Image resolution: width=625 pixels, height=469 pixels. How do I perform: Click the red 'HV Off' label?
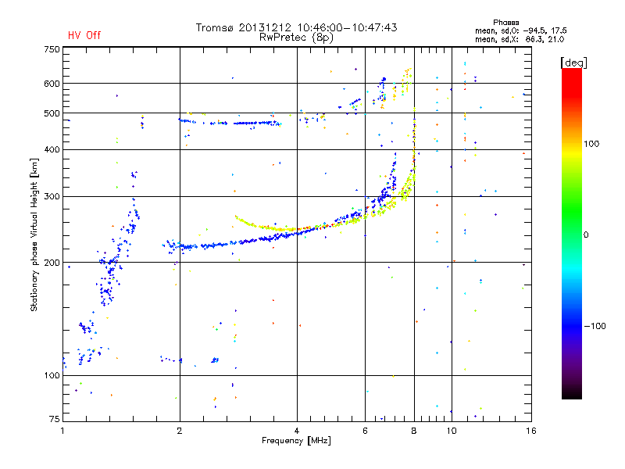pos(84,35)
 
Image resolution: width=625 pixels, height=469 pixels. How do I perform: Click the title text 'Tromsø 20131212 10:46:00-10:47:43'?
pos(296,27)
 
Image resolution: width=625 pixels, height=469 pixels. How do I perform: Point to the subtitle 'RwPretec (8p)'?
pos(296,38)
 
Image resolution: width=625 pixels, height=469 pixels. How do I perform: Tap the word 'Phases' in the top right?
pos(505,23)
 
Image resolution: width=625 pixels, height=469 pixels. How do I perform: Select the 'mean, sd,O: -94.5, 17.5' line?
pos(520,30)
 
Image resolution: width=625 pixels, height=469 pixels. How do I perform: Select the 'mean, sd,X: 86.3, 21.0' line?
pos(520,39)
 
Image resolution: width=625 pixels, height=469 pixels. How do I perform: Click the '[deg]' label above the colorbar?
pos(573,63)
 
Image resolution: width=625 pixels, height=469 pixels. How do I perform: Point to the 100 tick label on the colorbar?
pos(591,144)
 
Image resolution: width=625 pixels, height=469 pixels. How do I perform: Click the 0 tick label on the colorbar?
pos(586,234)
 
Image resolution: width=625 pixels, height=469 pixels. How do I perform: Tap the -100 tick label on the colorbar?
pos(595,326)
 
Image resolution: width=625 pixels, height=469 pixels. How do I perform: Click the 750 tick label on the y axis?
pos(52,49)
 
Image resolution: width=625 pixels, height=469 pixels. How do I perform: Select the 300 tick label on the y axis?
pos(52,196)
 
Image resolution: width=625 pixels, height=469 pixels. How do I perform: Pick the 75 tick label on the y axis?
pos(55,419)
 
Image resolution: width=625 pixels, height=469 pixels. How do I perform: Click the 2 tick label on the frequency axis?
pos(180,431)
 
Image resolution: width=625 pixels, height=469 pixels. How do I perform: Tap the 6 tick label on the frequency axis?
pos(365,431)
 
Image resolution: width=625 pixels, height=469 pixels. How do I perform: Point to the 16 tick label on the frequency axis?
pos(531,431)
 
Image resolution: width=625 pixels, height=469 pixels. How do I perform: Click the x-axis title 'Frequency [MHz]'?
pos(296,441)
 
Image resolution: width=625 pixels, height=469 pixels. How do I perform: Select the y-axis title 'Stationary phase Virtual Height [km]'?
pos(34,235)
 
